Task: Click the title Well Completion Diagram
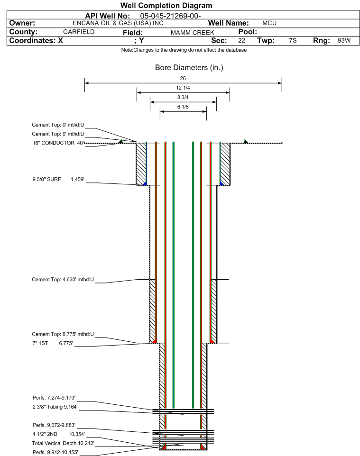166,6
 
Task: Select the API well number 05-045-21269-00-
171,16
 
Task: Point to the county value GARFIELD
79,32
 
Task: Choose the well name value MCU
269,23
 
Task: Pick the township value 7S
293,41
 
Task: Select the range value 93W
344,41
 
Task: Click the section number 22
241,41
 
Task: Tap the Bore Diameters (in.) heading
189,68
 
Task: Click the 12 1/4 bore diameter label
183,88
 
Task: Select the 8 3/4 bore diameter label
183,97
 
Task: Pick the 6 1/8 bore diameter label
183,107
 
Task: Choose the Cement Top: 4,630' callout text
63,280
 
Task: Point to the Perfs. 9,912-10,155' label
55,452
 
